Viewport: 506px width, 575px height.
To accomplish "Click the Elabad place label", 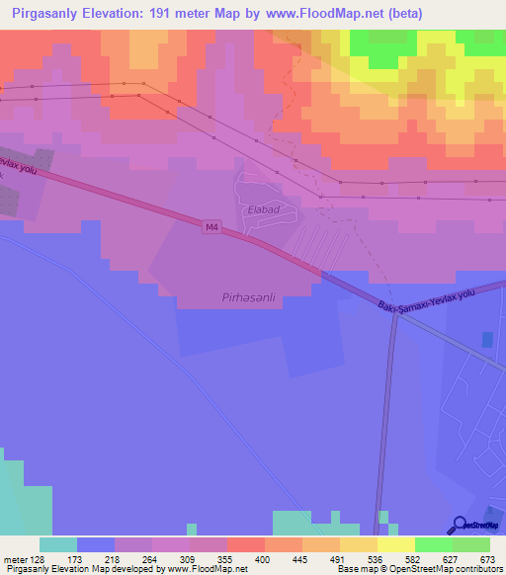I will pyautogui.click(x=264, y=210).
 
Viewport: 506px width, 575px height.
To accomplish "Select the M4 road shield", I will pyautogui.click(x=211, y=227).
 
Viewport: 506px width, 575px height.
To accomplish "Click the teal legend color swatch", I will pyautogui.click(x=58, y=544).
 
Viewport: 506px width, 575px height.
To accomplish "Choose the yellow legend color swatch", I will pyautogui.click(x=396, y=544).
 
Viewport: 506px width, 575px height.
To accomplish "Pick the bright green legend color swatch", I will pyautogui.click(x=434, y=544).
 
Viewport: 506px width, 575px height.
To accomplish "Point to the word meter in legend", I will pyautogui.click(x=14, y=558).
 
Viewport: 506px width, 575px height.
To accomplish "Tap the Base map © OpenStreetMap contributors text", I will pyautogui.click(x=418, y=569).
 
